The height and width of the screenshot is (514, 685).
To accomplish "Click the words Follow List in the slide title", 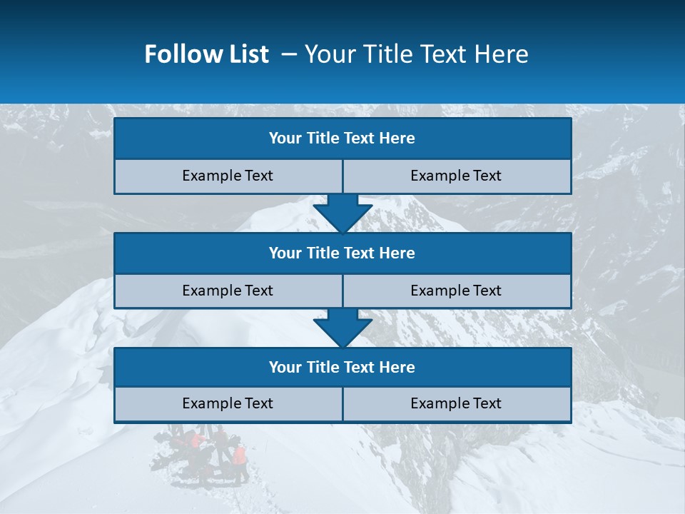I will point(206,54).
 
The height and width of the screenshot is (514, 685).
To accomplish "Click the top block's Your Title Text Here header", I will point(342,138).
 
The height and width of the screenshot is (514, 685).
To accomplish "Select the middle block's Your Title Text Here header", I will point(342,253).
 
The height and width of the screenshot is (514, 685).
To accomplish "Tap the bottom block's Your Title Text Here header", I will point(342,367).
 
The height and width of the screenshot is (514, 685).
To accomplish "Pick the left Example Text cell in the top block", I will point(228,176).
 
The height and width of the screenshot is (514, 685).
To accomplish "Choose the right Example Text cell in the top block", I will point(456,176).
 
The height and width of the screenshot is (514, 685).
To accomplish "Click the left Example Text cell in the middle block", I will point(228,291).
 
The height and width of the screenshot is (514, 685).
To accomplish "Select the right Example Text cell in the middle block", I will point(456,291).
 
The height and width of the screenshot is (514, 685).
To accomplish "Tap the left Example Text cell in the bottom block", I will point(228,403).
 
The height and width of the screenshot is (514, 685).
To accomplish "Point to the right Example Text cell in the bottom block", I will point(456,403).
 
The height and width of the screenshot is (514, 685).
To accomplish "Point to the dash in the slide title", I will point(289,54).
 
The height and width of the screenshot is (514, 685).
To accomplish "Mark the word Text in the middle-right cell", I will point(487,291).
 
